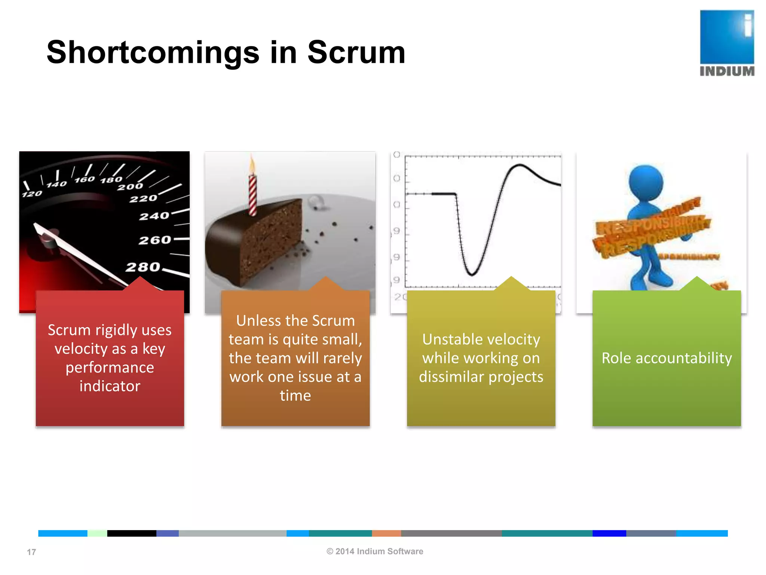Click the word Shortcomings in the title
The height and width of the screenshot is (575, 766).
pos(153,53)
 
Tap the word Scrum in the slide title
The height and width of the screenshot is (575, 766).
pos(356,53)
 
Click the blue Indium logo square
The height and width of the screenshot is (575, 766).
pos(727,37)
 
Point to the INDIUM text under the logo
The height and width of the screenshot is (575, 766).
pos(727,71)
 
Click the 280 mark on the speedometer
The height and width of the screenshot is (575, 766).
pos(143,267)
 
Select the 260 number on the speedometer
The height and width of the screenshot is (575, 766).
pos(154,240)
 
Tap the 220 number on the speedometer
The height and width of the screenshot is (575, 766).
pos(143,198)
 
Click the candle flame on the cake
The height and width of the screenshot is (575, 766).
pos(252,165)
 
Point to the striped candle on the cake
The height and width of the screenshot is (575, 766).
pos(253,195)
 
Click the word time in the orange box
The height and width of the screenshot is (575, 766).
pos(295,396)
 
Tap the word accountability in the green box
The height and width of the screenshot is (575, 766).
pos(684,358)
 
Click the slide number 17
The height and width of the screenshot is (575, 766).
pos(31,552)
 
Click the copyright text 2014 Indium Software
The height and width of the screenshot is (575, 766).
pos(375,551)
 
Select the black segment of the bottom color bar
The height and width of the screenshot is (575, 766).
pos(132,533)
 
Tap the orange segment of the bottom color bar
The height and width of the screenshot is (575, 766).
pos(386,533)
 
